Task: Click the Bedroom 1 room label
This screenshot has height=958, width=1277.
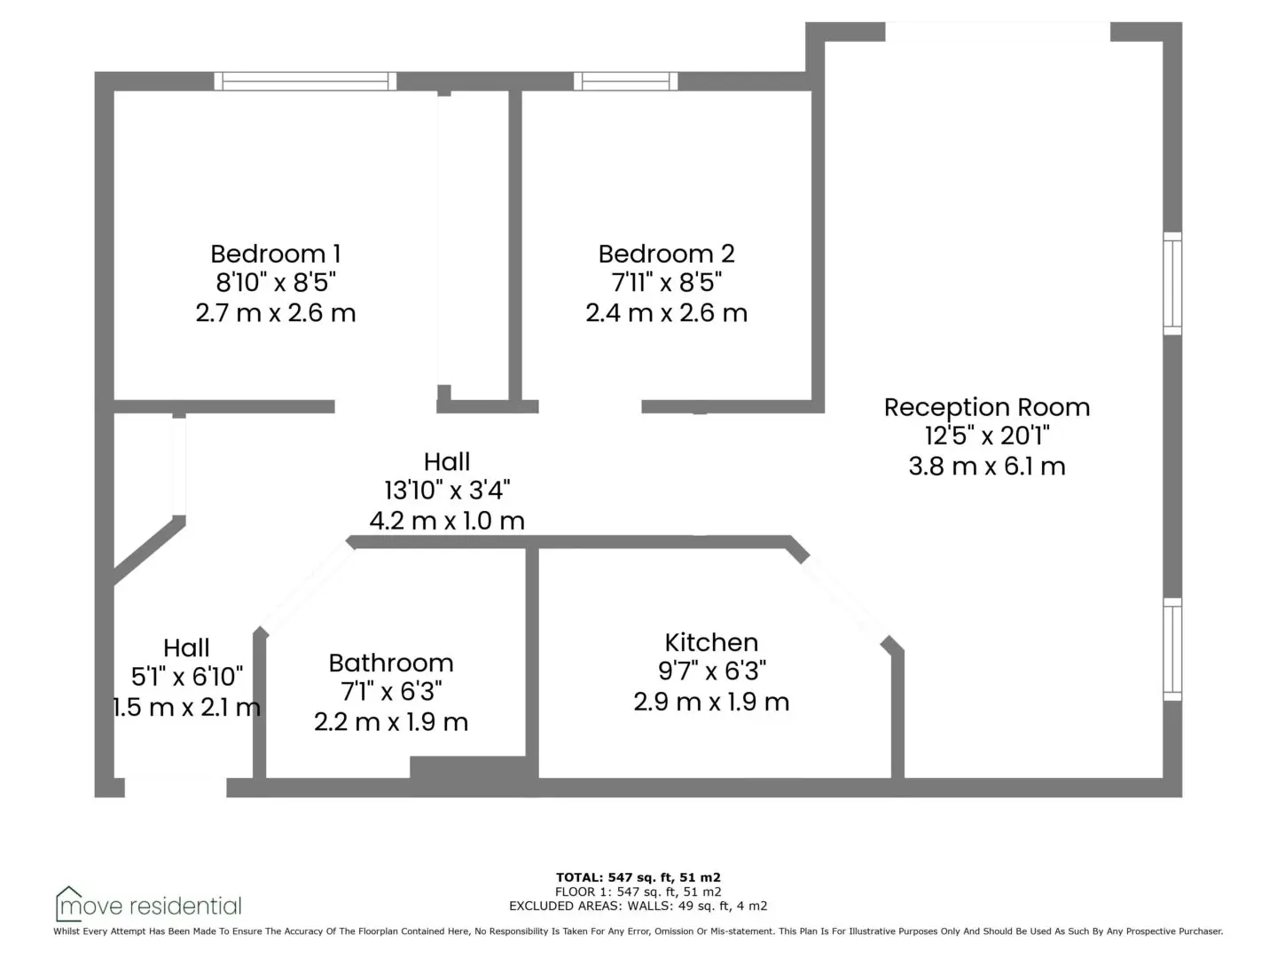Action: point(275,255)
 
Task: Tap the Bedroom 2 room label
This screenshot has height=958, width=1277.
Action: point(666,255)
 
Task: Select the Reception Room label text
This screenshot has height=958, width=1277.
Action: point(987,408)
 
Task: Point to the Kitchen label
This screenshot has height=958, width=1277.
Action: point(711,643)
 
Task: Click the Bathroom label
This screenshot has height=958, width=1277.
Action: point(391,664)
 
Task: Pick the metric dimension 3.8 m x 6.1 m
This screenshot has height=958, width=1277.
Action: point(987,467)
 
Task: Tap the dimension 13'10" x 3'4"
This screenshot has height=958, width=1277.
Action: point(447,491)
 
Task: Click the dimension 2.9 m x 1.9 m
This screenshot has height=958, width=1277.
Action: point(711,702)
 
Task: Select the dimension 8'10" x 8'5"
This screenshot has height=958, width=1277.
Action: point(276,283)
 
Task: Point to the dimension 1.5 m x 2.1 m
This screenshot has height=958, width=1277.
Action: point(186,707)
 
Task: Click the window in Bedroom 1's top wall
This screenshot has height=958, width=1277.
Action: point(305,82)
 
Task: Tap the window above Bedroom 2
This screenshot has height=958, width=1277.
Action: point(625,82)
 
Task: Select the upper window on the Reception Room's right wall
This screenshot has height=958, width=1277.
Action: point(1172,284)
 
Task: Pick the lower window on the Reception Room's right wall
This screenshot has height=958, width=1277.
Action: point(1172,649)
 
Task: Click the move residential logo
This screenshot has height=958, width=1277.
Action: point(148,905)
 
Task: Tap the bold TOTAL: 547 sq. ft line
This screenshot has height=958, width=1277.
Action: point(638,877)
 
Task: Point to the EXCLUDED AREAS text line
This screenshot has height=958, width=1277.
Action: point(638,906)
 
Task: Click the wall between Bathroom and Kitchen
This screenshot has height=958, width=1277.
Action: point(532,664)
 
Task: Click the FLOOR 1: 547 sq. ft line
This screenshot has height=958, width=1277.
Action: point(638,891)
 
